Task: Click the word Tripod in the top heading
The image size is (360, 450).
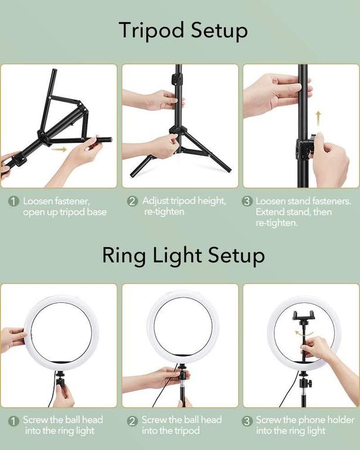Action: (x=147, y=30)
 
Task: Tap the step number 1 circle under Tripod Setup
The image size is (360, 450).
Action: (x=13, y=202)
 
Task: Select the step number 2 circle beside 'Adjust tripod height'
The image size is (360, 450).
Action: (x=133, y=202)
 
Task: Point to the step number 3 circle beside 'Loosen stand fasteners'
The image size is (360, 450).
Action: (x=247, y=202)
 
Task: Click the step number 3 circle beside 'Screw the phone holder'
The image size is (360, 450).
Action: (x=247, y=421)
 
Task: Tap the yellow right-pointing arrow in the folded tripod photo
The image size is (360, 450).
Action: (x=59, y=149)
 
